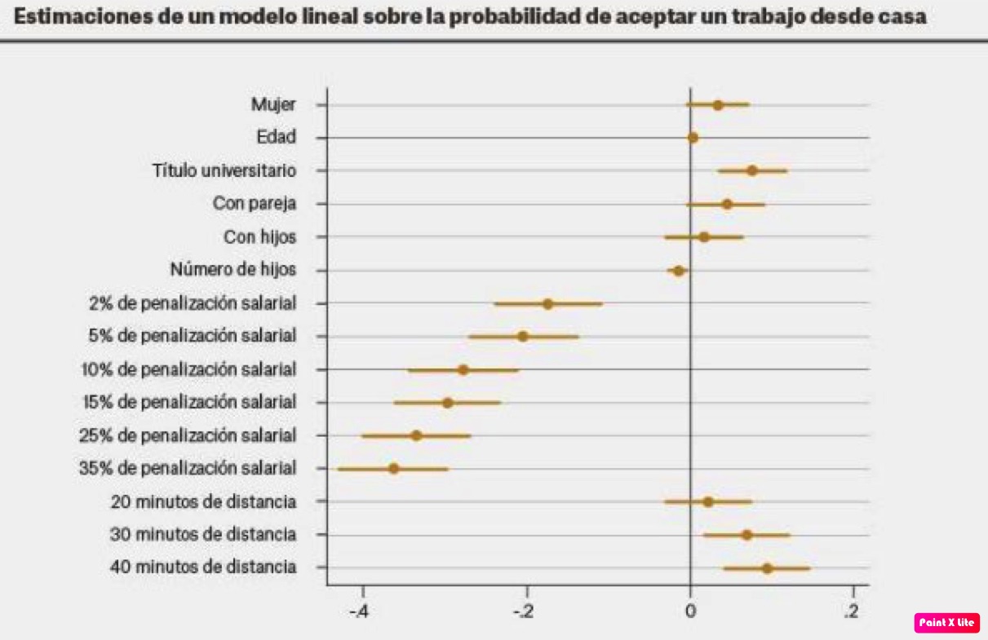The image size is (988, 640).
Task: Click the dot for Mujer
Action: click(x=718, y=104)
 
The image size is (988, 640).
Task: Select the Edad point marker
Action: click(x=693, y=138)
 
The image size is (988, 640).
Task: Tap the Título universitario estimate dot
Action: click(x=752, y=170)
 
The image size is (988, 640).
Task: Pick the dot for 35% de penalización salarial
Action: click(x=394, y=469)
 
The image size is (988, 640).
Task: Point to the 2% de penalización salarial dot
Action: click(x=547, y=303)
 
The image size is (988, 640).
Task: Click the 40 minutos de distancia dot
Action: click(x=767, y=567)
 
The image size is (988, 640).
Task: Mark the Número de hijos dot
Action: click(x=678, y=270)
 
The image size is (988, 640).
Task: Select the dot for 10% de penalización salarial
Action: click(x=463, y=369)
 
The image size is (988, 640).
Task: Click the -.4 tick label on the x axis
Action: click(x=359, y=611)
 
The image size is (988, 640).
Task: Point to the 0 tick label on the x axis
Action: click(x=690, y=611)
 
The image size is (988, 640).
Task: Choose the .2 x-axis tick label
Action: click(x=852, y=611)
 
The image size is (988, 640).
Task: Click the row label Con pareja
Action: click(x=255, y=203)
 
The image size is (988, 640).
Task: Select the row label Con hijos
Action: click(x=260, y=236)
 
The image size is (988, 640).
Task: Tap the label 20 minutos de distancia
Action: click(x=203, y=501)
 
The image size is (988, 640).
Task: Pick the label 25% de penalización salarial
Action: click(x=188, y=435)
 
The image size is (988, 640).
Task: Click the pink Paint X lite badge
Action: click(x=946, y=622)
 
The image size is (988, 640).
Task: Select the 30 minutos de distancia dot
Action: click(x=747, y=535)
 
